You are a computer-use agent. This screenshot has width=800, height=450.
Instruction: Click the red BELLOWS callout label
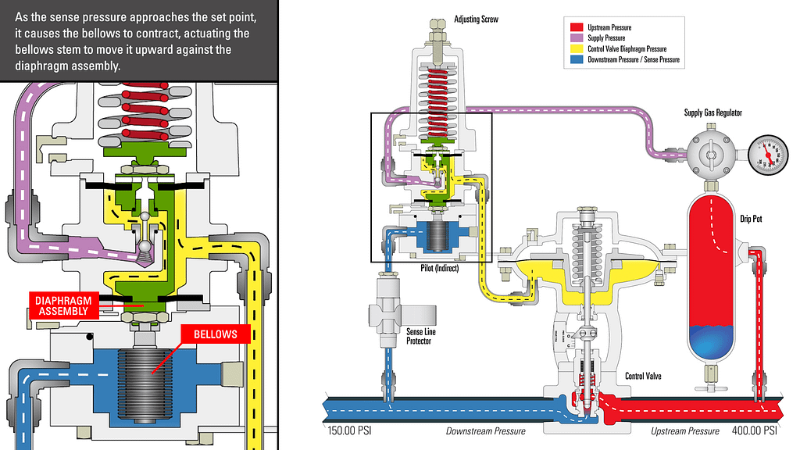[216, 334]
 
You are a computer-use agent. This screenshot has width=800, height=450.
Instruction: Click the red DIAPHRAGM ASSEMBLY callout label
[64, 305]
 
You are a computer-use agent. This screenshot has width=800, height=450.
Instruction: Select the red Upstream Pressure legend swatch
[579, 28]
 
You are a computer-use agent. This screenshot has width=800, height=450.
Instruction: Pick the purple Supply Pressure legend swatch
[579, 38]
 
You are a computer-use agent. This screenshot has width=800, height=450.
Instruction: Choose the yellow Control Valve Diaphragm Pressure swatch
[579, 48]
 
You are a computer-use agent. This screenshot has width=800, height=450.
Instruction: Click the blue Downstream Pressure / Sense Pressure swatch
[579, 59]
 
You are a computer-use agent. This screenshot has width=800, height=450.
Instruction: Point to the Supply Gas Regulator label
[712, 112]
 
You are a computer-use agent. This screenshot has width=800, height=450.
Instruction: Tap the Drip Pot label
[751, 220]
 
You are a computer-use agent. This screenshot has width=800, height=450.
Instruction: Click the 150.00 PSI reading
[348, 431]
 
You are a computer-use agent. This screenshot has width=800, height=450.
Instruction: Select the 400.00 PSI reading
[755, 431]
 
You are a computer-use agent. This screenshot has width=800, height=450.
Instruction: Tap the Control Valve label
[644, 377]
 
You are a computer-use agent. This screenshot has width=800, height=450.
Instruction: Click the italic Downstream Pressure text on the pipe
[485, 431]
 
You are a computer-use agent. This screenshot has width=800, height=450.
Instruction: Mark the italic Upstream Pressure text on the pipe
[685, 431]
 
